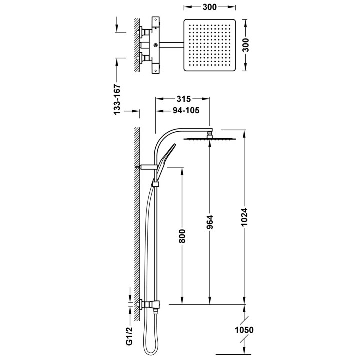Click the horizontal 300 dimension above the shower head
tap(210, 7)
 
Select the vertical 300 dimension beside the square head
tap(245, 45)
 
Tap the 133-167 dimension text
tap(117, 99)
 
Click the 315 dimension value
tap(184, 99)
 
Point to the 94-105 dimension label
tap(186, 110)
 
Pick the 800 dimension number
tap(182, 236)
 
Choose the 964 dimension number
tap(210, 222)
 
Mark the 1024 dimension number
tap(244, 217)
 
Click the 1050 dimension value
tap(244, 330)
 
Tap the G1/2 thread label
tap(129, 336)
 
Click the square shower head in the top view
tap(210, 45)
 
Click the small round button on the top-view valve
tap(156, 45)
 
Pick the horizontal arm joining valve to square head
tap(171, 45)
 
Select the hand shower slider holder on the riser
tap(156, 184)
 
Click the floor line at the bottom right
tap(230, 355)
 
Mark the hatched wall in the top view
tap(137, 45)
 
